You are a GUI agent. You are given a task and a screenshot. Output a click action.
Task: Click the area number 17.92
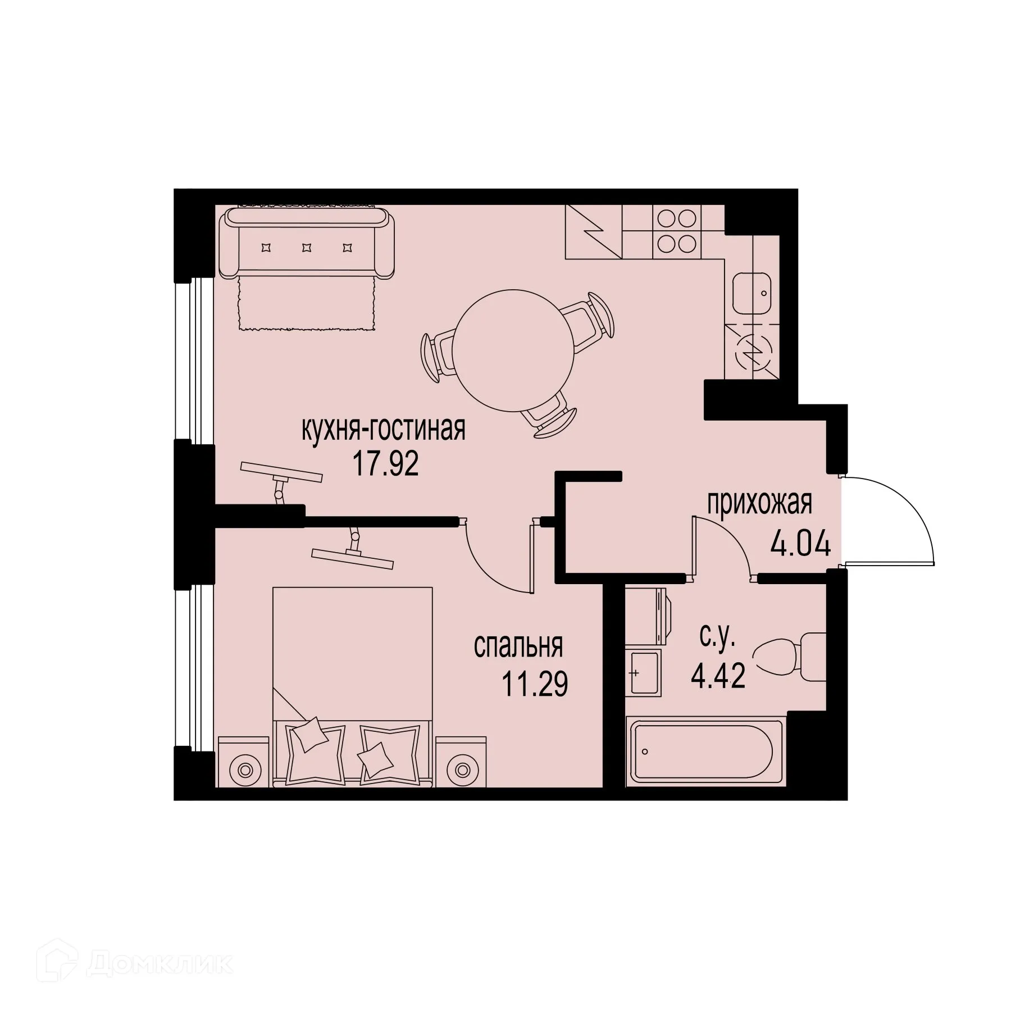(x=385, y=464)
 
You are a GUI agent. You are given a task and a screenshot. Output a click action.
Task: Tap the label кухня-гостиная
(x=384, y=430)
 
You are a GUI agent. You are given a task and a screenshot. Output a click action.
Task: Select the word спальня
(x=518, y=646)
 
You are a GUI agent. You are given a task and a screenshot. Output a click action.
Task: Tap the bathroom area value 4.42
(x=718, y=678)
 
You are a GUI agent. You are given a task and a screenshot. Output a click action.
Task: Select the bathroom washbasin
(x=644, y=672)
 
